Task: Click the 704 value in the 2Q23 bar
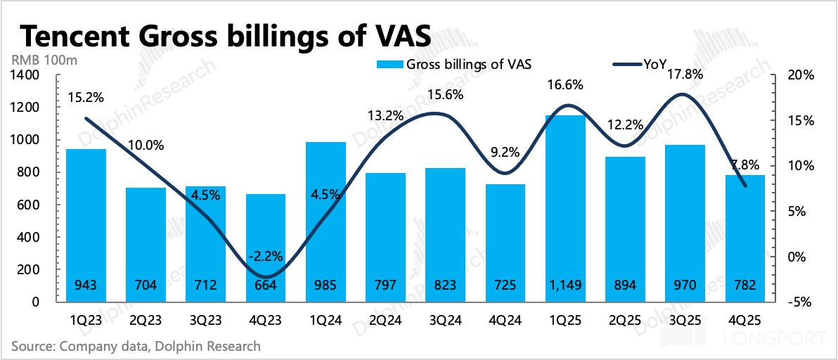146,286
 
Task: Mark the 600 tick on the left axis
32,205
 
